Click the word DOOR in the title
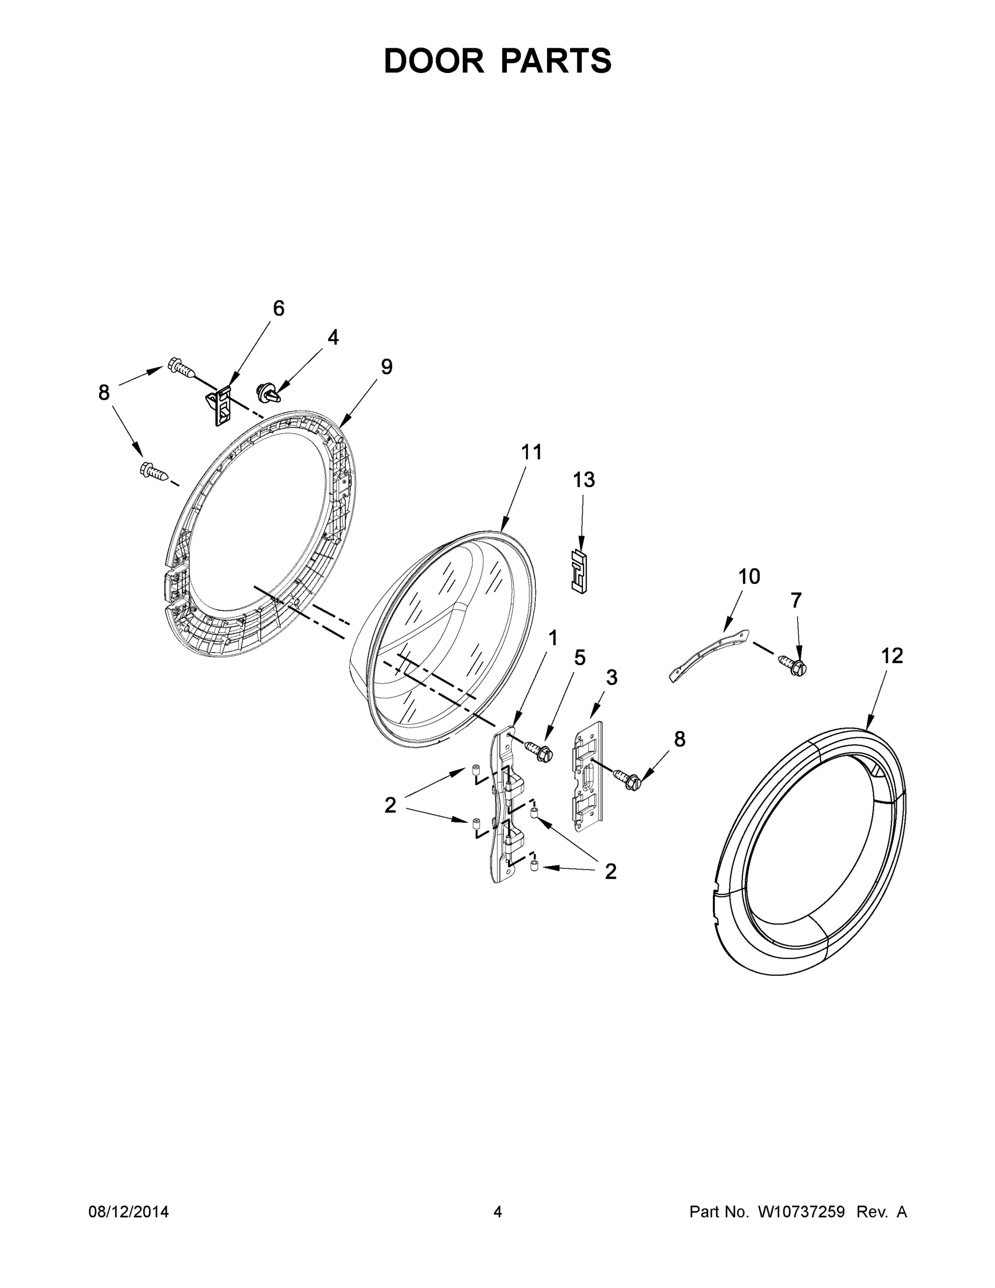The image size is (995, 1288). (434, 61)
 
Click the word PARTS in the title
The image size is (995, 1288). (556, 61)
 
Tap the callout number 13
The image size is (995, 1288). (584, 480)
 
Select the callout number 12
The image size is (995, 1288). (892, 656)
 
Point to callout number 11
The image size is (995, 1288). (531, 452)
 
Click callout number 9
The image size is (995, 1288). (386, 367)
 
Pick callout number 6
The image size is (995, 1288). (278, 308)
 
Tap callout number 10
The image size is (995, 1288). (749, 576)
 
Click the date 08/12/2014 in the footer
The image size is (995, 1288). (129, 1211)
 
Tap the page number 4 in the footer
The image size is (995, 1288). (498, 1211)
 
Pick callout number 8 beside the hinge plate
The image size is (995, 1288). (680, 739)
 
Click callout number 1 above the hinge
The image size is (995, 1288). (553, 638)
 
